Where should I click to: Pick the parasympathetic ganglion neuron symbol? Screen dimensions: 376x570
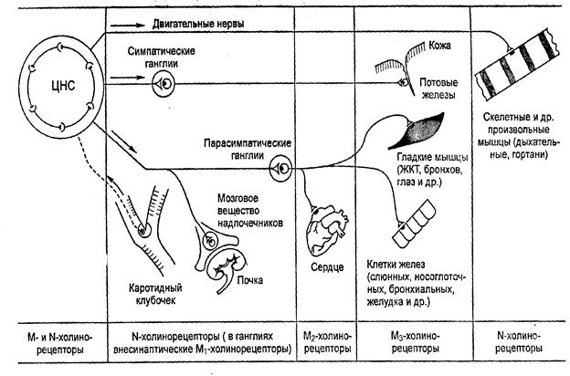(x=280, y=168)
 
